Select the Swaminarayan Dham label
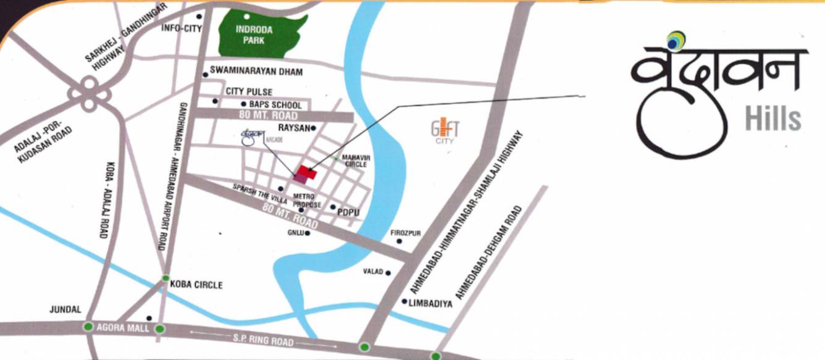tap(256, 72)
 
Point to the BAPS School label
tap(275, 105)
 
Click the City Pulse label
tap(249, 91)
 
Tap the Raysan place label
tap(293, 128)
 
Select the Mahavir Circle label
tap(356, 161)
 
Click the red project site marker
tap(307, 172)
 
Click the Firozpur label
tap(405, 233)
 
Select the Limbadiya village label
tap(430, 304)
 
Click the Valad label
tap(372, 272)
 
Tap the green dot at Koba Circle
tap(165, 278)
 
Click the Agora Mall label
tap(123, 329)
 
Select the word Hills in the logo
tap(773, 118)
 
